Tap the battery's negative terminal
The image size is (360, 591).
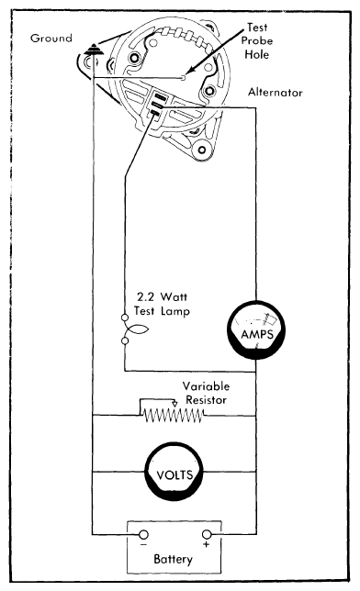142,534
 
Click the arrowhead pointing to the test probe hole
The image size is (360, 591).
186,74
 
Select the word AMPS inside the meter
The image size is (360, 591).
259,336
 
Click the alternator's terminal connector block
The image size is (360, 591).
156,107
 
